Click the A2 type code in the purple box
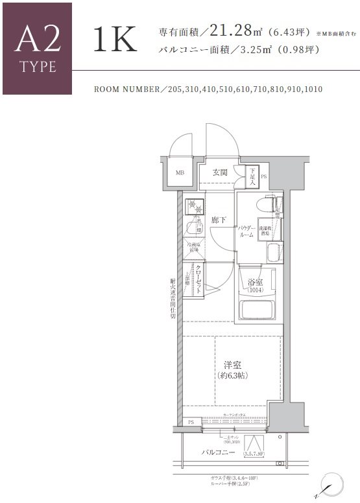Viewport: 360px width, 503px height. (36, 39)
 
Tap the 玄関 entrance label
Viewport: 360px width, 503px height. (220, 172)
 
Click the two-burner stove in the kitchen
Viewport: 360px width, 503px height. (193, 205)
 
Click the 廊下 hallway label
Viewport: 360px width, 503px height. (219, 220)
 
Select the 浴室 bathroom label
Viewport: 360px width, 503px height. (256, 283)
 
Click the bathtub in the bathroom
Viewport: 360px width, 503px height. (258, 309)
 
